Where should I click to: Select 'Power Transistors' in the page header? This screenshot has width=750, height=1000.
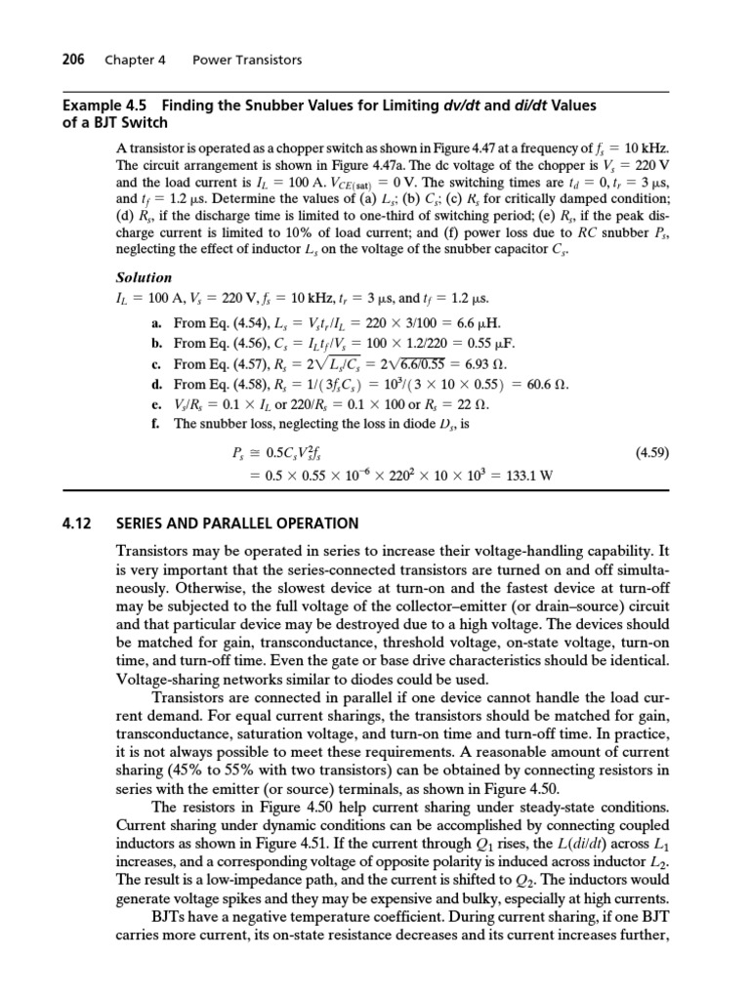pos(247,60)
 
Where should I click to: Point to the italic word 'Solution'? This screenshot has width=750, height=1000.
pos(144,277)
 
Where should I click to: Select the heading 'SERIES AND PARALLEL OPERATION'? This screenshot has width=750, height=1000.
pos(237,522)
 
